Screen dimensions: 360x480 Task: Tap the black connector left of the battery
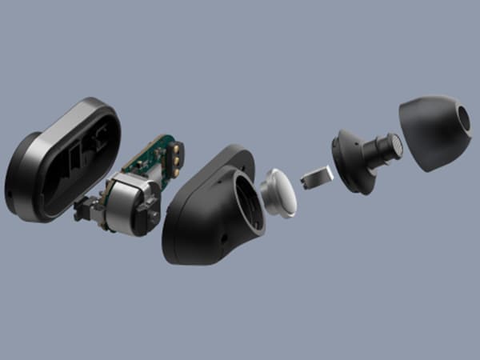[x=83, y=213]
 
